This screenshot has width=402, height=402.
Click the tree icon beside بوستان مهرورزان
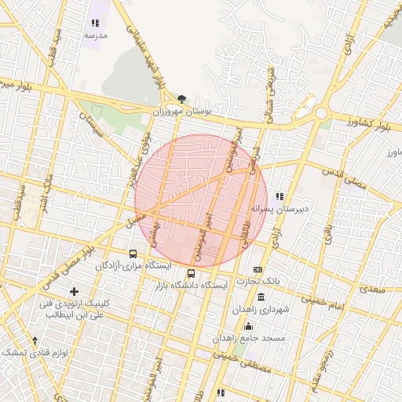(x=182, y=99)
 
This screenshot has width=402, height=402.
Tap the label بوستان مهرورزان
(x=182, y=112)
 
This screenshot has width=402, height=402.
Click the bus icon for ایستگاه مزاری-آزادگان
(x=133, y=254)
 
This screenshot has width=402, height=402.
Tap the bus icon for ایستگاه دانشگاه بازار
(x=192, y=273)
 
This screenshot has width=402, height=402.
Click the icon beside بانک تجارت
(x=258, y=269)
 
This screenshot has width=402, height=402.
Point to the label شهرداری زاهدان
(x=260, y=309)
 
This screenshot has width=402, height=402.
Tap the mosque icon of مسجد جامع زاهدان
(x=249, y=327)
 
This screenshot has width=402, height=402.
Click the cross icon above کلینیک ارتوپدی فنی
(x=75, y=292)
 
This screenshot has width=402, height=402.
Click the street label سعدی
(x=373, y=290)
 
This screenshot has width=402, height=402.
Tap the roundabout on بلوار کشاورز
(x=320, y=112)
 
